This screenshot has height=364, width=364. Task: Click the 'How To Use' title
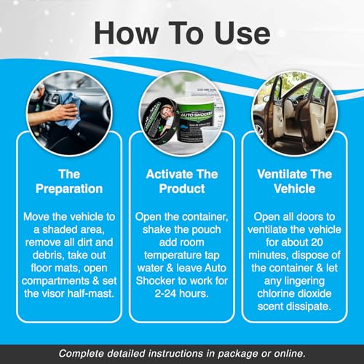182,33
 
